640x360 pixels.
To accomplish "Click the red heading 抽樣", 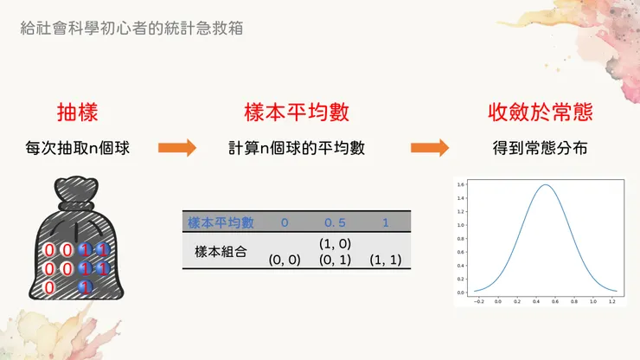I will click(x=77, y=112).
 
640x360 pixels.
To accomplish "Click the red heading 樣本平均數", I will click(x=297, y=112).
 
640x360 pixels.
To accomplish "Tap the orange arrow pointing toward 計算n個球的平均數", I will click(x=177, y=149).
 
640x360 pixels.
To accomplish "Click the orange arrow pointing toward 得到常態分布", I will click(x=430, y=149).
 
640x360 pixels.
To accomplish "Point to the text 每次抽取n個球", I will click(x=78, y=149).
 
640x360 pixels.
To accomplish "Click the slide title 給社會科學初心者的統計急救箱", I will click(x=131, y=28).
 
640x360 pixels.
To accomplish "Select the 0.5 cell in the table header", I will click(x=334, y=222).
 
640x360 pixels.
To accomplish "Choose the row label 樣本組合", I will click(x=221, y=252).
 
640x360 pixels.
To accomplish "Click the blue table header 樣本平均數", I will click(x=221, y=222).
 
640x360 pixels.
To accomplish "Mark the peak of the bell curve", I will click(x=545, y=185).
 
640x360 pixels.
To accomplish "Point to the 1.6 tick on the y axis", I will click(x=462, y=184).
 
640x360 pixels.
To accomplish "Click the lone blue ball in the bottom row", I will click(x=85, y=287).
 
